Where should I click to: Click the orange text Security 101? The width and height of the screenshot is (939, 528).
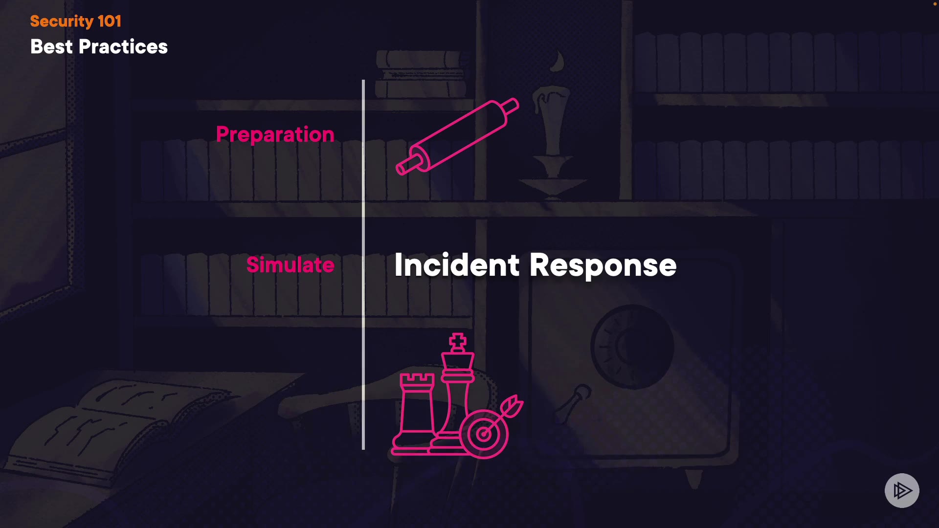coord(75,21)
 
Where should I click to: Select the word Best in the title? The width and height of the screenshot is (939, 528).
coord(51,47)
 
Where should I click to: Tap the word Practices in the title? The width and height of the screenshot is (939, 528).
coord(123,47)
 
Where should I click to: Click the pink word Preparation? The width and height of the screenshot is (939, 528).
coord(275,134)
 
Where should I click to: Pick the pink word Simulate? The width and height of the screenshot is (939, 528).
coord(290,264)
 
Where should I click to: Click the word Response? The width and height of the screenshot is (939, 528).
coord(603,265)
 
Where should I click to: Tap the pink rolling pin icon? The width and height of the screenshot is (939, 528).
coord(457,136)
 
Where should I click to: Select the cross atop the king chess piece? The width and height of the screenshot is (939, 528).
coord(458,342)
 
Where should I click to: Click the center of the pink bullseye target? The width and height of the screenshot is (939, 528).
coord(483,434)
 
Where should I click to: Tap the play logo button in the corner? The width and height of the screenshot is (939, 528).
coord(902,490)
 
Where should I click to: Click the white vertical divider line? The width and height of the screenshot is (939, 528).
coord(363,264)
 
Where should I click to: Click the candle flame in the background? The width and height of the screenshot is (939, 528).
coord(558,61)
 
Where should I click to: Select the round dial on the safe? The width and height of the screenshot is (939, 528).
coord(632,347)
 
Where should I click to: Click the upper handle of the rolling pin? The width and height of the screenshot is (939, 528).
coord(511,106)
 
